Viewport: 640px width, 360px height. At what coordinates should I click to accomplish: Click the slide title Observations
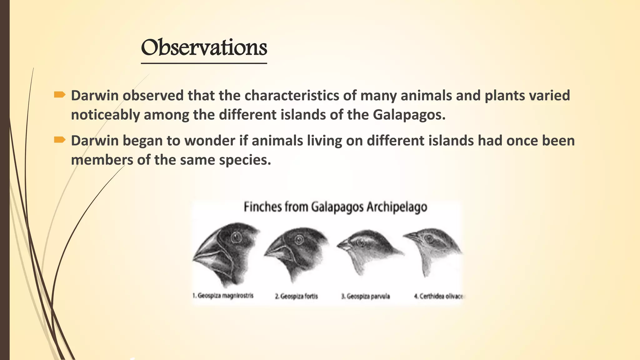(204, 47)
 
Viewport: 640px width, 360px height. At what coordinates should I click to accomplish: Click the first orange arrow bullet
(59, 95)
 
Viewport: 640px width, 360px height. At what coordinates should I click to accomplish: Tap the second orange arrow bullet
(59, 140)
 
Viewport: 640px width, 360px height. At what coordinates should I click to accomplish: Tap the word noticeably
(105, 115)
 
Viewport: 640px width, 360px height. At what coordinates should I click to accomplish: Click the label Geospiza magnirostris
(222, 296)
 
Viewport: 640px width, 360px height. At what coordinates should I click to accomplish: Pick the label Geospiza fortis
(296, 296)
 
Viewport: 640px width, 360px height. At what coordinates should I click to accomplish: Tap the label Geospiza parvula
(365, 296)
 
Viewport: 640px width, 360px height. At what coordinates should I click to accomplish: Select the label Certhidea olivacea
(439, 296)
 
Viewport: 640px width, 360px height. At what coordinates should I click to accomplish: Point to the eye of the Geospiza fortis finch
(299, 240)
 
